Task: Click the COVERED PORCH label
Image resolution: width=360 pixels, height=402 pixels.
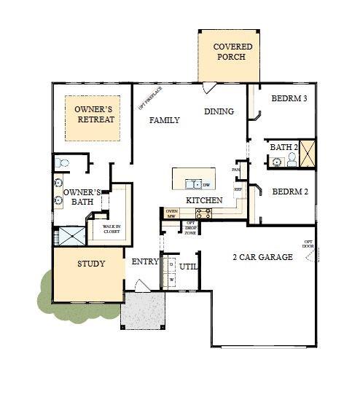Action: (228, 52)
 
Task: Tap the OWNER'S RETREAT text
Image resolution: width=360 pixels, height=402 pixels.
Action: (95, 114)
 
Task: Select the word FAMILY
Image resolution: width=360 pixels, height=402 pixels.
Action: (165, 120)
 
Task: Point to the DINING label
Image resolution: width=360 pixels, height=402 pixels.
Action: (219, 111)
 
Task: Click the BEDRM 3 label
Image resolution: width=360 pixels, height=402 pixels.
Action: (289, 98)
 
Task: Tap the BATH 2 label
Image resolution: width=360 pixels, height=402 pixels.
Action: (284, 147)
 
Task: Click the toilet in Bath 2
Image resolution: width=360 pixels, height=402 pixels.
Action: (292, 160)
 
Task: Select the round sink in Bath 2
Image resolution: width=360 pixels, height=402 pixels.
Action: (277, 162)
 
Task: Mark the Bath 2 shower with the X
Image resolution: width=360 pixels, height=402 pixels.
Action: (308, 154)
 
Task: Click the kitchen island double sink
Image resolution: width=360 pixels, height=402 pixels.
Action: (193, 184)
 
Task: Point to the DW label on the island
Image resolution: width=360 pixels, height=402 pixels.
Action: (207, 185)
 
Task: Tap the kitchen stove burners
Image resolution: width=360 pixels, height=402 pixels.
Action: (203, 213)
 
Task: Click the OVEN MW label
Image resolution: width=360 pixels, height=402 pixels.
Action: (172, 213)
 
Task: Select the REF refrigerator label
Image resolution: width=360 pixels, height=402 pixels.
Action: (238, 189)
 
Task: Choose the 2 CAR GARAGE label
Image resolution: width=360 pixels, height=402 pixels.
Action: (262, 257)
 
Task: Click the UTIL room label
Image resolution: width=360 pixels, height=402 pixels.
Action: (189, 267)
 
